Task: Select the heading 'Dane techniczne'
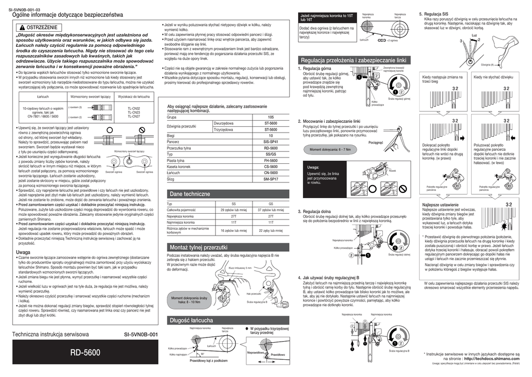(x=190, y=193)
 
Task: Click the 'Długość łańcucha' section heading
(x=191, y=320)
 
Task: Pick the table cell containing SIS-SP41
(x=271, y=141)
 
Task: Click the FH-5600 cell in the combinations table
(x=271, y=160)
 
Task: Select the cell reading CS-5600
(x=271, y=166)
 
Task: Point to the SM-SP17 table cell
(x=271, y=179)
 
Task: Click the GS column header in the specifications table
(x=271, y=204)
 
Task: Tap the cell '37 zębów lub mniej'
(x=271, y=210)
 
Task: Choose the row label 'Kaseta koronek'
(x=178, y=166)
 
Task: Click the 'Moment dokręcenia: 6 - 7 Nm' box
(x=330, y=150)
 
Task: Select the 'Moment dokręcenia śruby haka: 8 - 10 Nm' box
(x=189, y=300)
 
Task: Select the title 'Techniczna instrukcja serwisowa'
(x=54, y=334)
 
